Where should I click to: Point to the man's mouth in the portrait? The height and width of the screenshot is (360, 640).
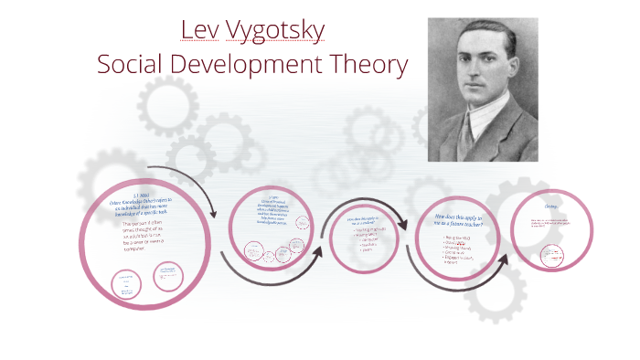coord(482,96)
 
